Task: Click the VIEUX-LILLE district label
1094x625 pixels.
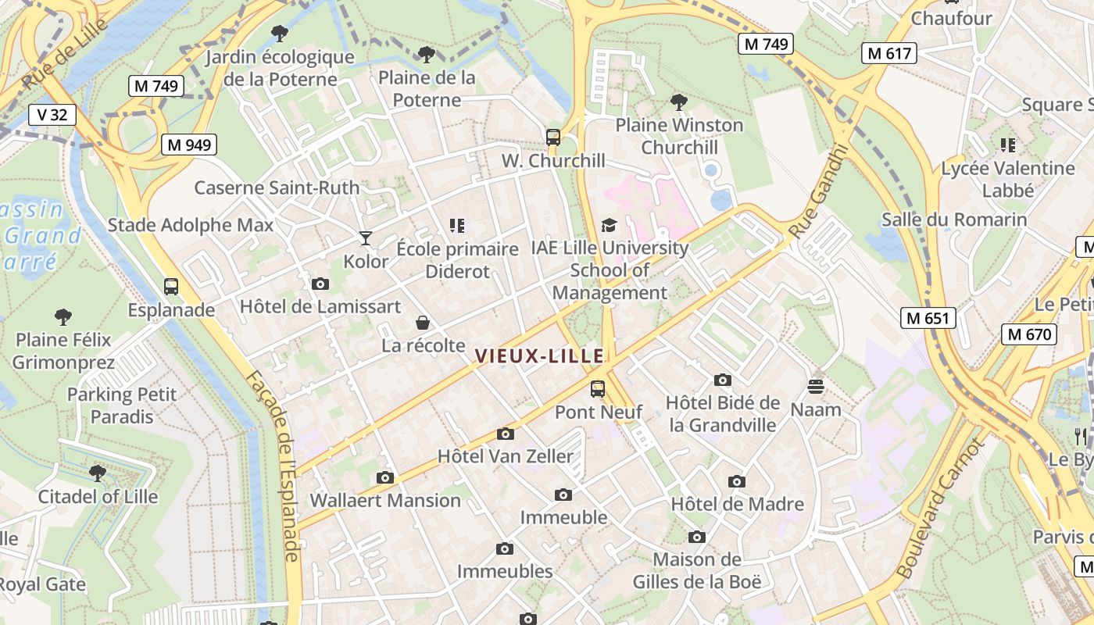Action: (x=539, y=356)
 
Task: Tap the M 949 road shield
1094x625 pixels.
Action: (x=189, y=145)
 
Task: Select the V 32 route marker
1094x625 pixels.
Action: (x=52, y=115)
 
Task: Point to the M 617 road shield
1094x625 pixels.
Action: (x=889, y=53)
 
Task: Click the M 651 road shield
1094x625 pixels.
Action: (x=928, y=318)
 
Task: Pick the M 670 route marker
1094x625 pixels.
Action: (x=1029, y=334)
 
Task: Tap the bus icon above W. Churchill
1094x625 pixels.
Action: (x=553, y=137)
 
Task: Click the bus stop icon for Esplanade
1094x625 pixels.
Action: (x=171, y=287)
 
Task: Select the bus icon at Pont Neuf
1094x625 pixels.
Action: (x=598, y=388)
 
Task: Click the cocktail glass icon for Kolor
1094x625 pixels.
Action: (x=366, y=237)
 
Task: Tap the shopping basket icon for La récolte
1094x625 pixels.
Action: (x=423, y=323)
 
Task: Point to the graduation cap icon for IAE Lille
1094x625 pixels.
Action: (x=609, y=226)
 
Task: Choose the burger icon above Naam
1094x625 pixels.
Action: (x=816, y=387)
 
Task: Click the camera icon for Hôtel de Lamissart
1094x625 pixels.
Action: (x=320, y=284)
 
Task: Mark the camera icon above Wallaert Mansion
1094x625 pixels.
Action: (x=384, y=477)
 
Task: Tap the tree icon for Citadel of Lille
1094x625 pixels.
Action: (x=98, y=473)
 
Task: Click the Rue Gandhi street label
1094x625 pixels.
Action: (x=818, y=191)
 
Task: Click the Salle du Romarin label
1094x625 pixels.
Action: (x=954, y=220)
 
